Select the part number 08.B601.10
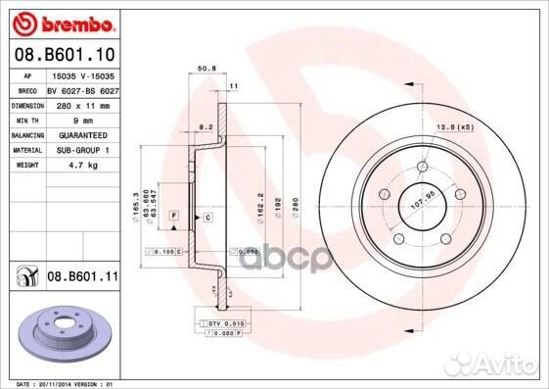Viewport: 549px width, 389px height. [x=64, y=55]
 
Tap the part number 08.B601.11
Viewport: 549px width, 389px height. [x=82, y=279]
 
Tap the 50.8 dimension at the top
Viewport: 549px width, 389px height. [x=206, y=70]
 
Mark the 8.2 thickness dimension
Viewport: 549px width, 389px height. [x=204, y=128]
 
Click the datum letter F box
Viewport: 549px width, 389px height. [x=172, y=214]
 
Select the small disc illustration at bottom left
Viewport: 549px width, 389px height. [x=69, y=331]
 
